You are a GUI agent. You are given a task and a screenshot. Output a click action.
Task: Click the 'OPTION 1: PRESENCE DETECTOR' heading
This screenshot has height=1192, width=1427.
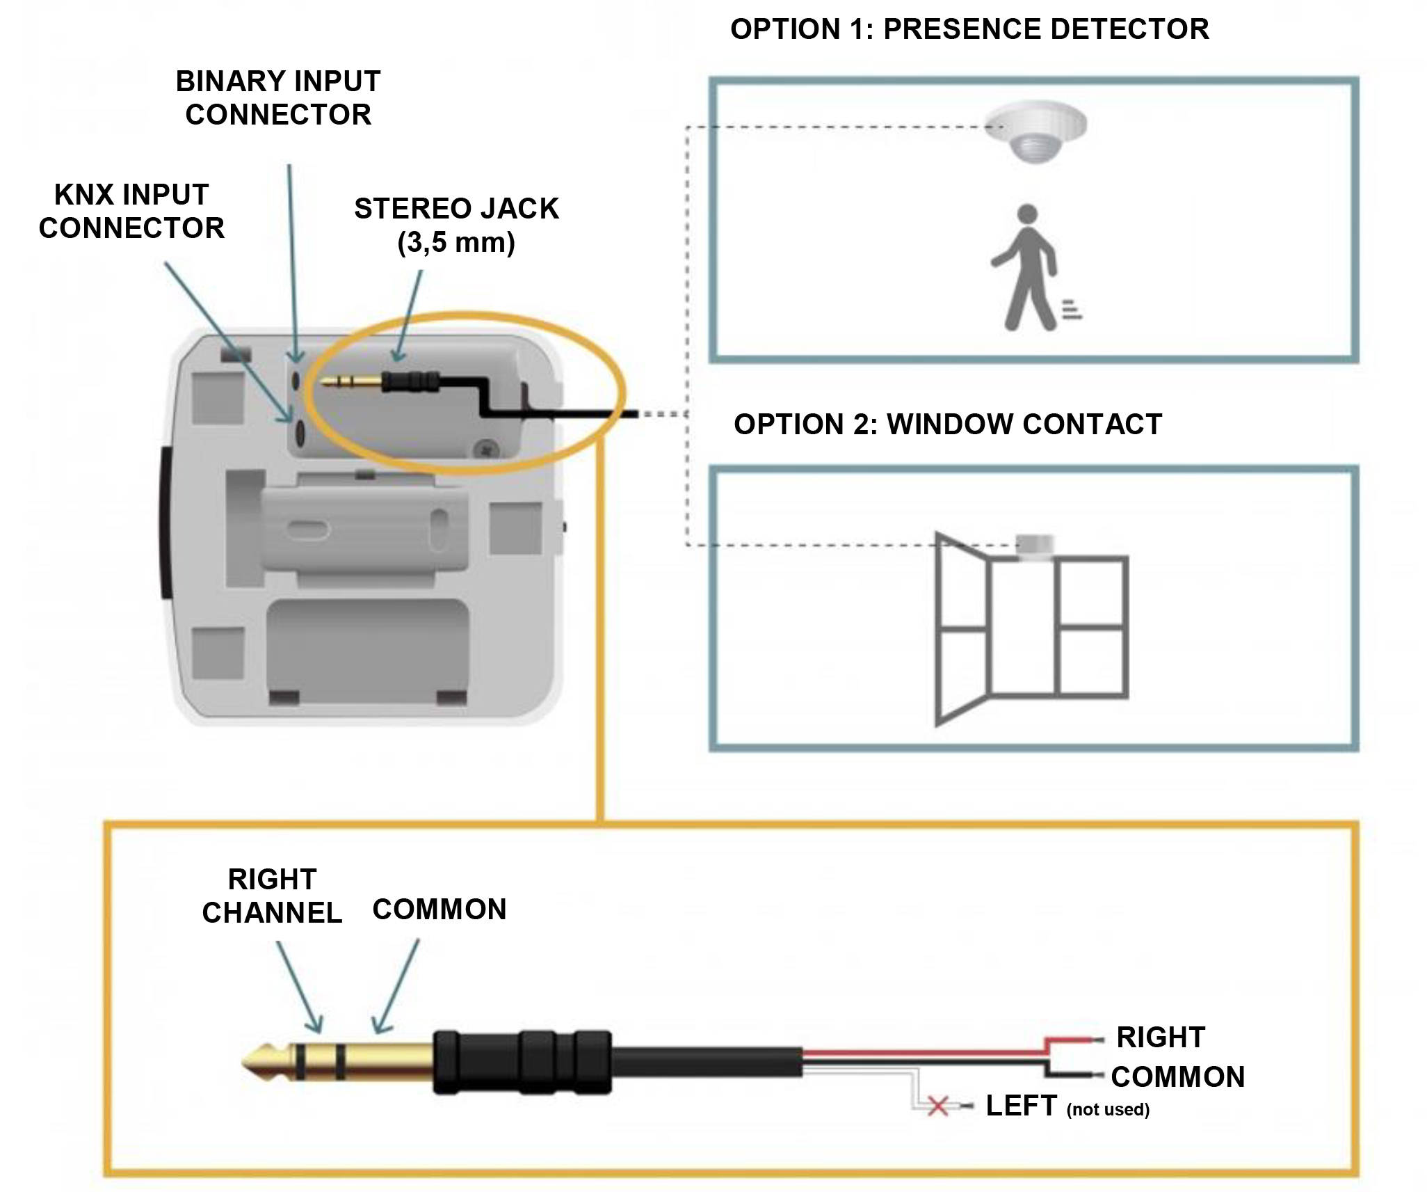point(969,29)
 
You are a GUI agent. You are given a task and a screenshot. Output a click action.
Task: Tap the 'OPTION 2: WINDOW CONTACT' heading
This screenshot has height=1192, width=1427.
point(948,424)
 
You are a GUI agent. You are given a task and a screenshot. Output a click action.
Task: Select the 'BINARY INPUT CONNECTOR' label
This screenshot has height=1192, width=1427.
point(278,98)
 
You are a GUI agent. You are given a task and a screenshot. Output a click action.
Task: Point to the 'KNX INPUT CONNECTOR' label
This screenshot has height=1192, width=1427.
point(131,211)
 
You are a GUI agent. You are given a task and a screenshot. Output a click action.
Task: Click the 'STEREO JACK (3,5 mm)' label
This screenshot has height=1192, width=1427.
point(456,225)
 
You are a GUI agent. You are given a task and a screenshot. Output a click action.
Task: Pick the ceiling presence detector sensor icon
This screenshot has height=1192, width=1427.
point(1035,132)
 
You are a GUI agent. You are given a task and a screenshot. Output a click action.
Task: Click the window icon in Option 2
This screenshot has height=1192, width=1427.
point(1031,628)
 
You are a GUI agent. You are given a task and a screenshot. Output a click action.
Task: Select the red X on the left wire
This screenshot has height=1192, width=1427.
point(938,1106)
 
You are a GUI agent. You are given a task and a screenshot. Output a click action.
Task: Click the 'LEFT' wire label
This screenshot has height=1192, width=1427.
point(1021,1106)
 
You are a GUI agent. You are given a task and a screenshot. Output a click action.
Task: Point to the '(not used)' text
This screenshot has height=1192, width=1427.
point(1108,1109)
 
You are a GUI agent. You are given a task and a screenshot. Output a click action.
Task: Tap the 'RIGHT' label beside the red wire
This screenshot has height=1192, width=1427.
point(1160,1038)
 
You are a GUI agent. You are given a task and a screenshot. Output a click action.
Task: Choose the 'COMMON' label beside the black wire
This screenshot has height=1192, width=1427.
point(1177,1076)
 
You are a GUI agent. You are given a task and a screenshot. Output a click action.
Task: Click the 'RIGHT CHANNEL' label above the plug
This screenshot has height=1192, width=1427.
point(272,896)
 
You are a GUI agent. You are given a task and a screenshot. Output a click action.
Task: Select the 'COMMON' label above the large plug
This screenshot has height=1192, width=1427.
point(440,909)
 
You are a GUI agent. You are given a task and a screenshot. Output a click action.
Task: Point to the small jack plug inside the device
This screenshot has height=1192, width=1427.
point(379,381)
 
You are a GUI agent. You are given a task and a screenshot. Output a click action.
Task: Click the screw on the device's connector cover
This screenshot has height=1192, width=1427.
point(484,449)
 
